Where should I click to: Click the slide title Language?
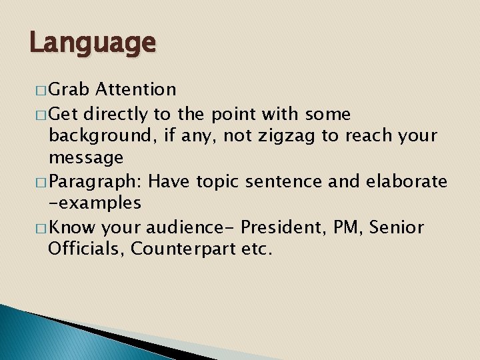coord(93,44)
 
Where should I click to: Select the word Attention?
coord(136,89)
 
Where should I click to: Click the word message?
coord(86,158)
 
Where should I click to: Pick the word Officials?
coord(86,249)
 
